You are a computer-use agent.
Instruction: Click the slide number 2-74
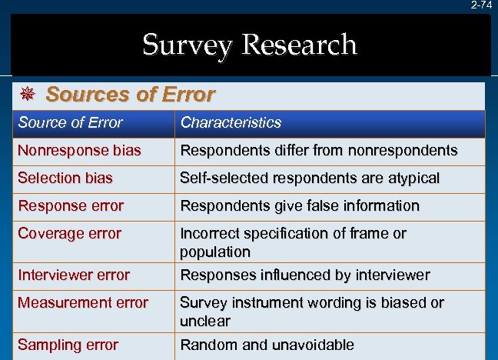click(x=482, y=5)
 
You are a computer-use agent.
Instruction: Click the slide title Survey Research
click(x=250, y=45)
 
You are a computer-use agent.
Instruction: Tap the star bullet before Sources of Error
click(x=27, y=95)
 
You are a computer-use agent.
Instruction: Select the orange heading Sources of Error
click(x=131, y=95)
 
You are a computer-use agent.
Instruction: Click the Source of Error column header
click(x=70, y=122)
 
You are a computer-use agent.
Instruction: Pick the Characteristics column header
click(x=231, y=122)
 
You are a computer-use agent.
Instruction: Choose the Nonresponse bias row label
click(x=79, y=151)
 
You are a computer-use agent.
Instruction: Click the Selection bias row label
click(x=65, y=178)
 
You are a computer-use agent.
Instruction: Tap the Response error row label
click(x=71, y=205)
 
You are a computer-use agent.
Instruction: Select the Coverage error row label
click(x=69, y=233)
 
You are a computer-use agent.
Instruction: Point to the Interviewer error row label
click(x=74, y=275)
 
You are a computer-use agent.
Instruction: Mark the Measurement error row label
click(x=83, y=302)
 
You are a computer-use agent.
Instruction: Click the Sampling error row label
click(x=68, y=345)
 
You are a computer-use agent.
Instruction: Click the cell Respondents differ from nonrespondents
click(x=319, y=151)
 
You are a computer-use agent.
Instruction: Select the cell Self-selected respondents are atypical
click(x=310, y=178)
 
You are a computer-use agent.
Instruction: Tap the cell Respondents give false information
click(x=300, y=205)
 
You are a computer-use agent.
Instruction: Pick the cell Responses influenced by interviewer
click(x=305, y=275)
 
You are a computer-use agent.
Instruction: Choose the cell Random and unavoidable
click(x=267, y=345)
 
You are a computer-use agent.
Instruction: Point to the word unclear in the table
click(x=205, y=320)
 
